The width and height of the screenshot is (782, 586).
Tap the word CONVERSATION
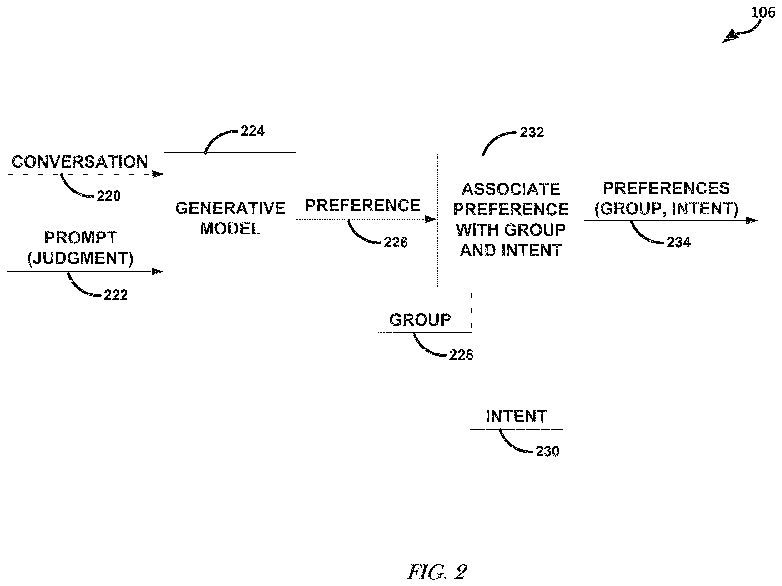point(80,162)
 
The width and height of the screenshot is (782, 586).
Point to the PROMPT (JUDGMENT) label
point(81,248)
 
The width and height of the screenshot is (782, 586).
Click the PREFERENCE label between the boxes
point(363,205)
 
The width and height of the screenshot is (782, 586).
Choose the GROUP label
point(420,320)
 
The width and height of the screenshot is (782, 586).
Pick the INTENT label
point(517,416)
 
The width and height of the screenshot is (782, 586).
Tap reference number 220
point(109,196)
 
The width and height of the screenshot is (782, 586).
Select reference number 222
point(116,295)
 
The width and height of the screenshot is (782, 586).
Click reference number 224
point(252,131)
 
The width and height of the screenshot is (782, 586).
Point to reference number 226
point(396,242)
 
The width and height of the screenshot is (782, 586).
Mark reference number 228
point(461,354)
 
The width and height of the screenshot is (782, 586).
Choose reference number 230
point(547,451)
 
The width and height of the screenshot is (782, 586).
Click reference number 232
point(532,132)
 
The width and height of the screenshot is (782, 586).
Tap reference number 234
point(679,242)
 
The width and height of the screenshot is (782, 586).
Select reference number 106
point(763,13)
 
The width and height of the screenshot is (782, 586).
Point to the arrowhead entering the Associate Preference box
point(431,219)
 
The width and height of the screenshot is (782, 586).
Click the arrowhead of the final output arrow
point(752,221)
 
